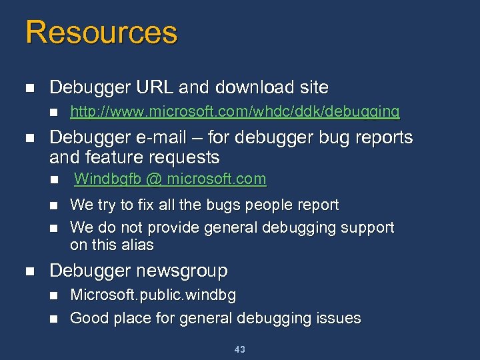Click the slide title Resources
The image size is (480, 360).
101,33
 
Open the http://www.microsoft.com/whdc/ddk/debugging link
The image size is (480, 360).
235,111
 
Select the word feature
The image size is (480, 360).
115,157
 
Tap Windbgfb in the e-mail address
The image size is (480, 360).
103,179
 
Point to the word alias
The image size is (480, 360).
139,245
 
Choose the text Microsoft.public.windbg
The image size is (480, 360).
153,295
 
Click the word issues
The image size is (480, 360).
338,318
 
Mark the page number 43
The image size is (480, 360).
240,349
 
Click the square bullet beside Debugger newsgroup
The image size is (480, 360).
29,271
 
